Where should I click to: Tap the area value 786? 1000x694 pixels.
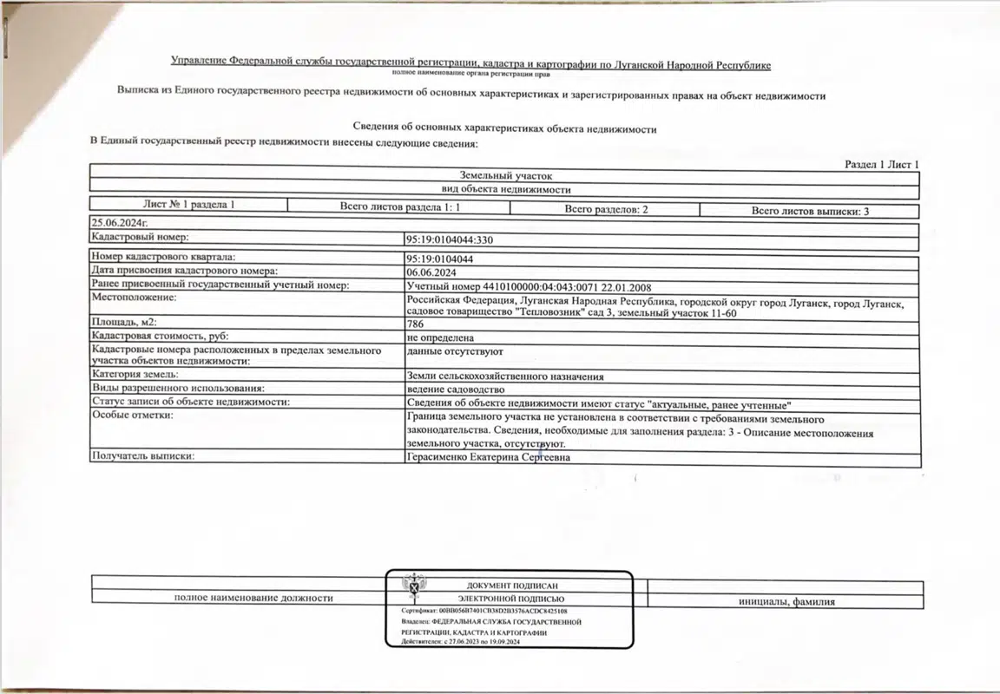click(x=414, y=323)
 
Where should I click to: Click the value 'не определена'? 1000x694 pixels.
click(x=440, y=337)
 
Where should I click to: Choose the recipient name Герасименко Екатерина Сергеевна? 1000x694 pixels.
click(x=488, y=457)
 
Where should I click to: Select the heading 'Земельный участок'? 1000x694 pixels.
click(x=505, y=176)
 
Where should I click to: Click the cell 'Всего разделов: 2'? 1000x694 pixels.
click(x=606, y=209)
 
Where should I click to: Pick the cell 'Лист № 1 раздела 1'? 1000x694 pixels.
click(x=188, y=205)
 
